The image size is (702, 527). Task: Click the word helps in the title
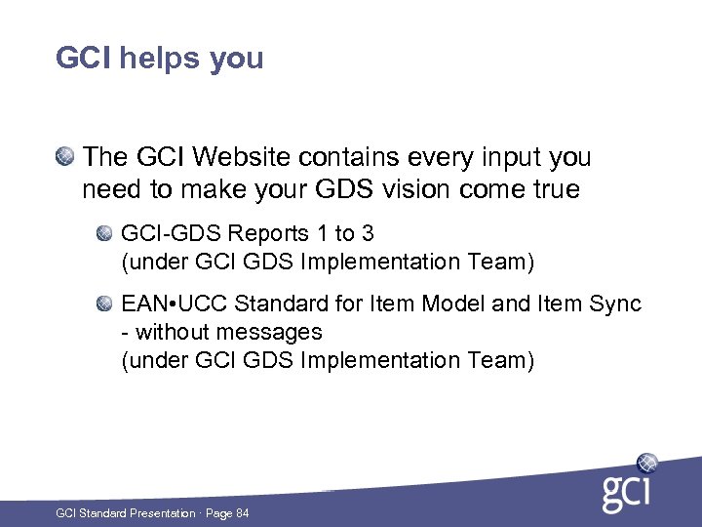click(x=158, y=58)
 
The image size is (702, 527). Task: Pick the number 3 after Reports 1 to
click(x=368, y=234)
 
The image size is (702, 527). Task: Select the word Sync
click(x=616, y=304)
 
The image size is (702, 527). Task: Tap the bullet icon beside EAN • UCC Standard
click(x=104, y=304)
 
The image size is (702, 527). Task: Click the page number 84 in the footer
click(x=242, y=513)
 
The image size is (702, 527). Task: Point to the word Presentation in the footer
click(x=162, y=513)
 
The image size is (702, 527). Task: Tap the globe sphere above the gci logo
click(x=646, y=463)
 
